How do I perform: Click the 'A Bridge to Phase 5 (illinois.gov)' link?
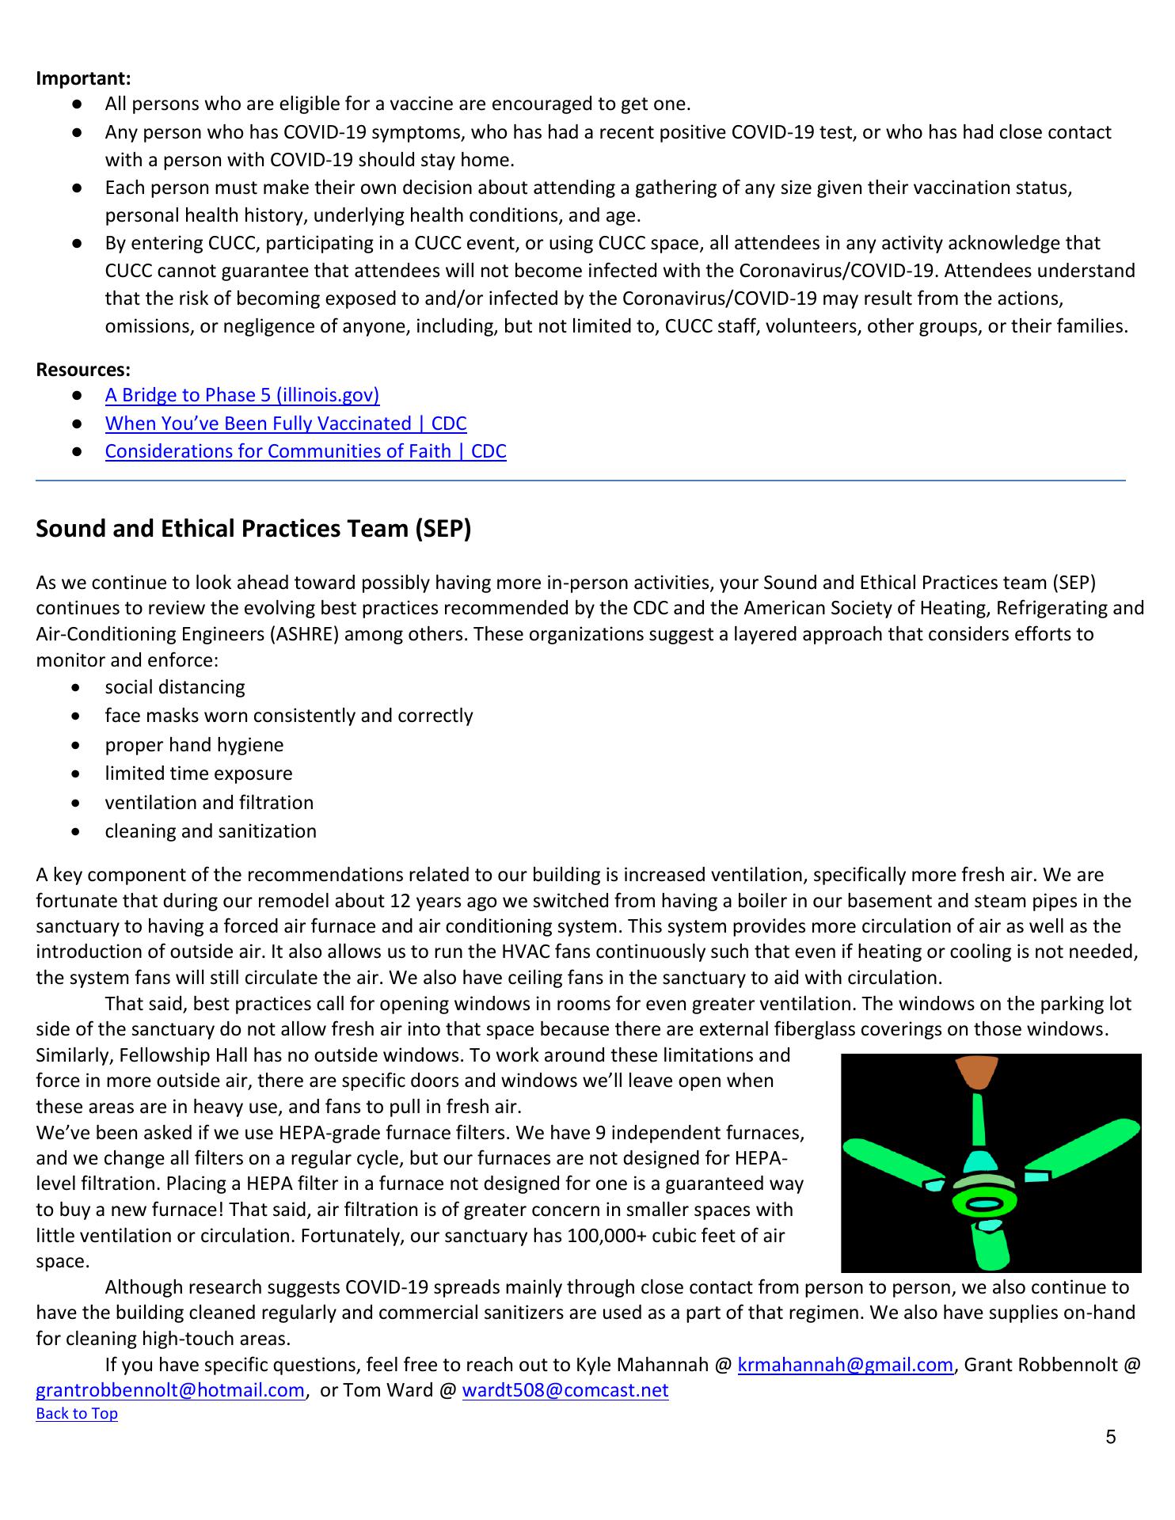tap(241, 395)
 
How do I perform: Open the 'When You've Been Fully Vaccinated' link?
tap(285, 424)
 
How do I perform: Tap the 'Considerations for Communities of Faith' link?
tap(305, 451)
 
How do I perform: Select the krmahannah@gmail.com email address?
tap(845, 1365)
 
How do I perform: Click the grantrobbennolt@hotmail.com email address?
tap(170, 1390)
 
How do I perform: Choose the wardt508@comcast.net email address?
tap(565, 1390)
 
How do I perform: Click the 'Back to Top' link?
tap(77, 1413)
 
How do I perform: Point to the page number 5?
tap(1110, 1437)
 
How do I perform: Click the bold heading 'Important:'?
tap(83, 78)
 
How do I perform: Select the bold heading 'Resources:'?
tap(83, 370)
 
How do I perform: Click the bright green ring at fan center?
tap(983, 1205)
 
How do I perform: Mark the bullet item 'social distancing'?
tap(175, 687)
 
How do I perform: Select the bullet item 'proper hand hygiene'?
tap(194, 745)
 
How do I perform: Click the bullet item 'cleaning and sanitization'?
tap(211, 831)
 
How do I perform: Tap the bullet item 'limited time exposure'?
tap(199, 773)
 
